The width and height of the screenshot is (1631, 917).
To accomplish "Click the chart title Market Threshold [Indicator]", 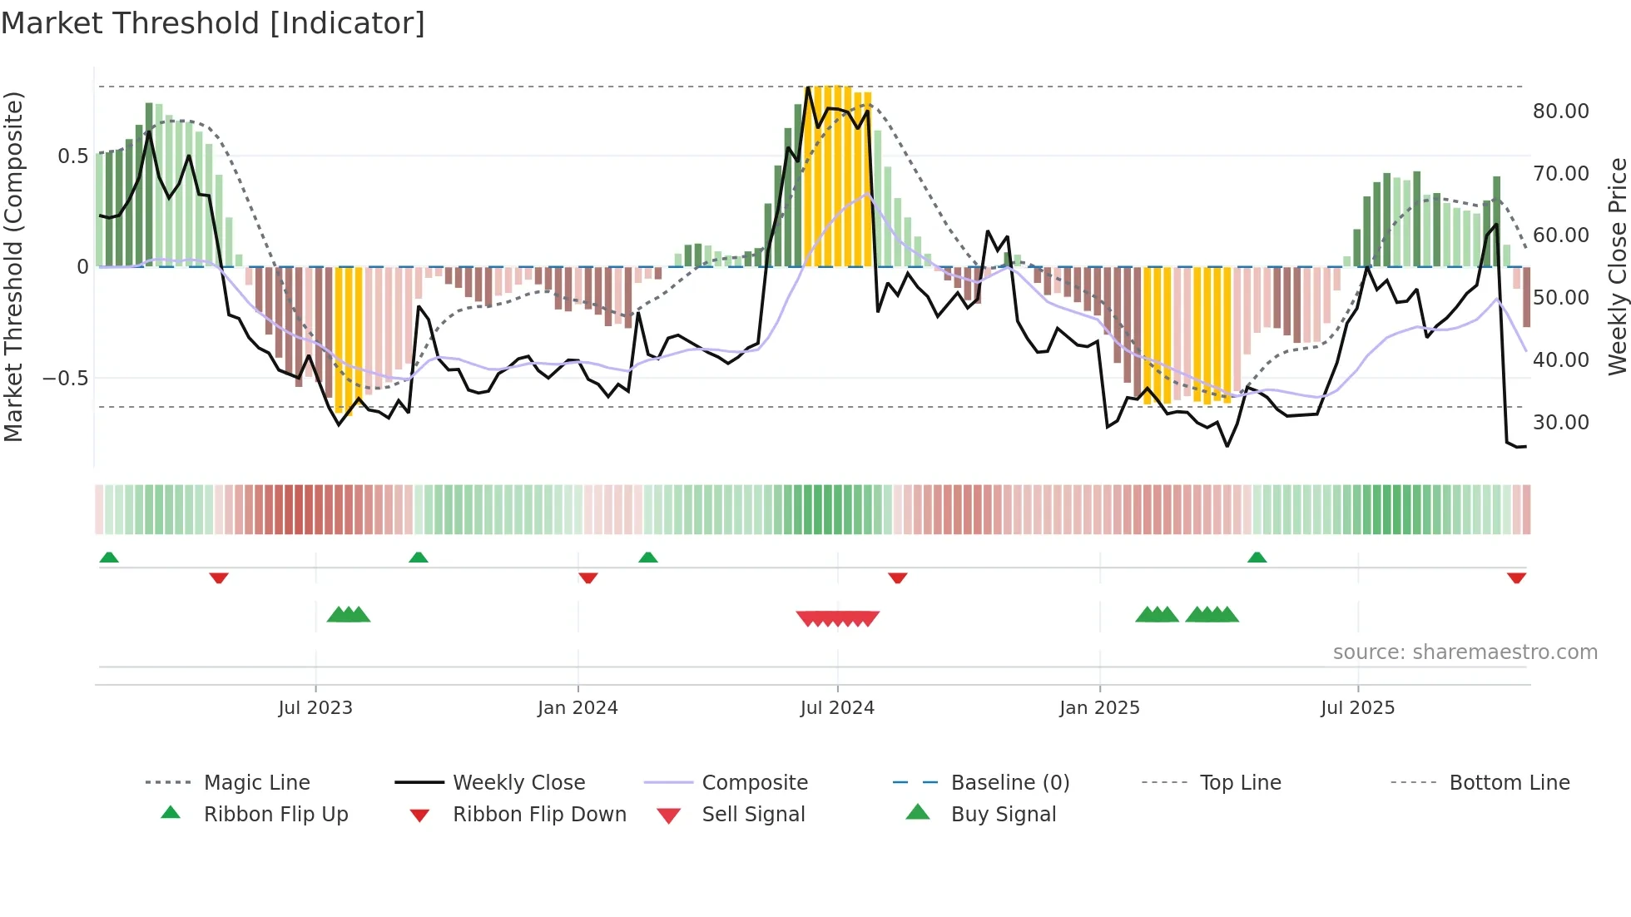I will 213,23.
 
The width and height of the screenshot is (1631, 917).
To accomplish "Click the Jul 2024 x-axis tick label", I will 837,707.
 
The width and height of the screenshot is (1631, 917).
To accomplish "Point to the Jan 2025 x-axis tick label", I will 1099,707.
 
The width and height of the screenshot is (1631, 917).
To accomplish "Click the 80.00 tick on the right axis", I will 1560,111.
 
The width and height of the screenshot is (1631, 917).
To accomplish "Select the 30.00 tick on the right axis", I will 1560,422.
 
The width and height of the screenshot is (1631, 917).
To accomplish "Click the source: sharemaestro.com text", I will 1465,652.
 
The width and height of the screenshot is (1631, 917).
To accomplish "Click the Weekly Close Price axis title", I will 1617,266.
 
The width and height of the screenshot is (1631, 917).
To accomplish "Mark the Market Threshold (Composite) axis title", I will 13,266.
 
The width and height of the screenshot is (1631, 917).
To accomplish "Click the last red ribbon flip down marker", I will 1516,577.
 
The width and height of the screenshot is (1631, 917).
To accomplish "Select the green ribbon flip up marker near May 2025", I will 1257,558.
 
